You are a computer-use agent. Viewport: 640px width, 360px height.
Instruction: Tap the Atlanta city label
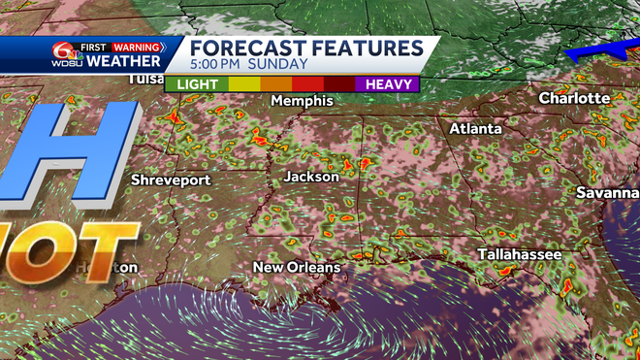click(x=475, y=128)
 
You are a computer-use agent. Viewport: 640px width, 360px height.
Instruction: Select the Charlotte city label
click(x=574, y=98)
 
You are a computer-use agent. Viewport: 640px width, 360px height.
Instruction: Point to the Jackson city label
click(x=311, y=177)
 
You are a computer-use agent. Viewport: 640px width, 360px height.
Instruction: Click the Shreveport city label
click(x=171, y=180)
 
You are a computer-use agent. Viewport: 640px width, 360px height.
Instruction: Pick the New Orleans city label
click(x=297, y=267)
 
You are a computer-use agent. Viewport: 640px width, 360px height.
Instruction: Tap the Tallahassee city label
click(x=519, y=254)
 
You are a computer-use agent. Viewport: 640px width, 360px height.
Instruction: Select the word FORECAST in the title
click(x=246, y=48)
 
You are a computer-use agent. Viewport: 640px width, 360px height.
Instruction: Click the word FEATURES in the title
click(x=365, y=48)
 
